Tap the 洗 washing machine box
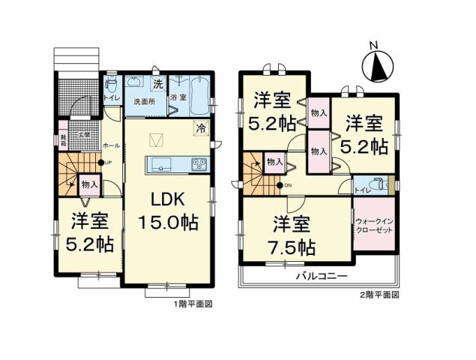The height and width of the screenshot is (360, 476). (x=158, y=84)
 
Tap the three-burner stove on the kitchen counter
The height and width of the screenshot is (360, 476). (x=199, y=164)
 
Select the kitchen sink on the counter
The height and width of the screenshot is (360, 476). (x=161, y=164)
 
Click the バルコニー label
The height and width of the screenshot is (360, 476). (x=319, y=276)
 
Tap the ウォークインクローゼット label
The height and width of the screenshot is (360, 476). (x=373, y=226)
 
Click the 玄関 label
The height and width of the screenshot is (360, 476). (x=85, y=134)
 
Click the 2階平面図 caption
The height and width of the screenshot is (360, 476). (x=380, y=295)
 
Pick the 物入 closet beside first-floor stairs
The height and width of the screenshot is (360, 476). (x=88, y=184)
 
